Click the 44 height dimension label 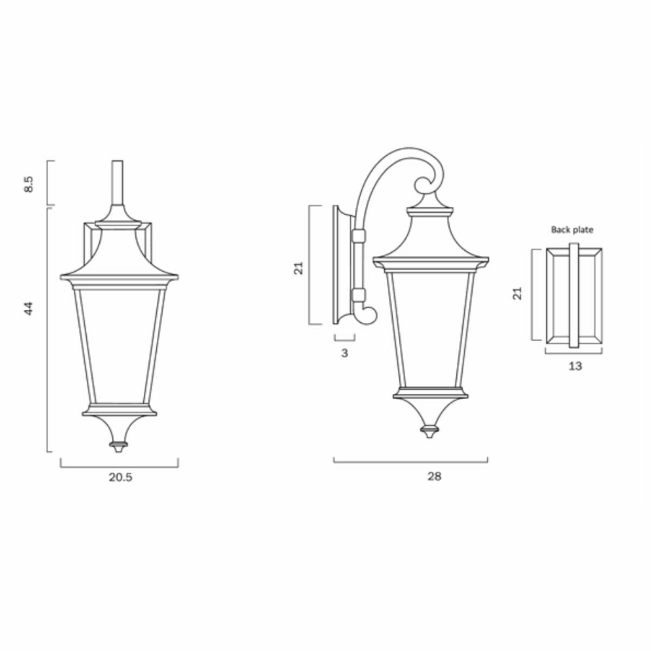point(30,309)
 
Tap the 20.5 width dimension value point(120,477)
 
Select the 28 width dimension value point(434,476)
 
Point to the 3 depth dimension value point(344,353)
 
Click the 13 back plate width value point(575,366)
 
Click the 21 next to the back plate point(518,294)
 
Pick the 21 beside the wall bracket point(298,267)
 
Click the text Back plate point(572,229)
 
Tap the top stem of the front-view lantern point(118,182)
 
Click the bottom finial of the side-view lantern point(430,431)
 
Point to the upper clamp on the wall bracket point(358,236)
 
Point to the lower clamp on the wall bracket point(358,296)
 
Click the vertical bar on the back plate point(574,296)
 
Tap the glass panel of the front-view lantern point(118,344)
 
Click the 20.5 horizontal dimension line point(119,465)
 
